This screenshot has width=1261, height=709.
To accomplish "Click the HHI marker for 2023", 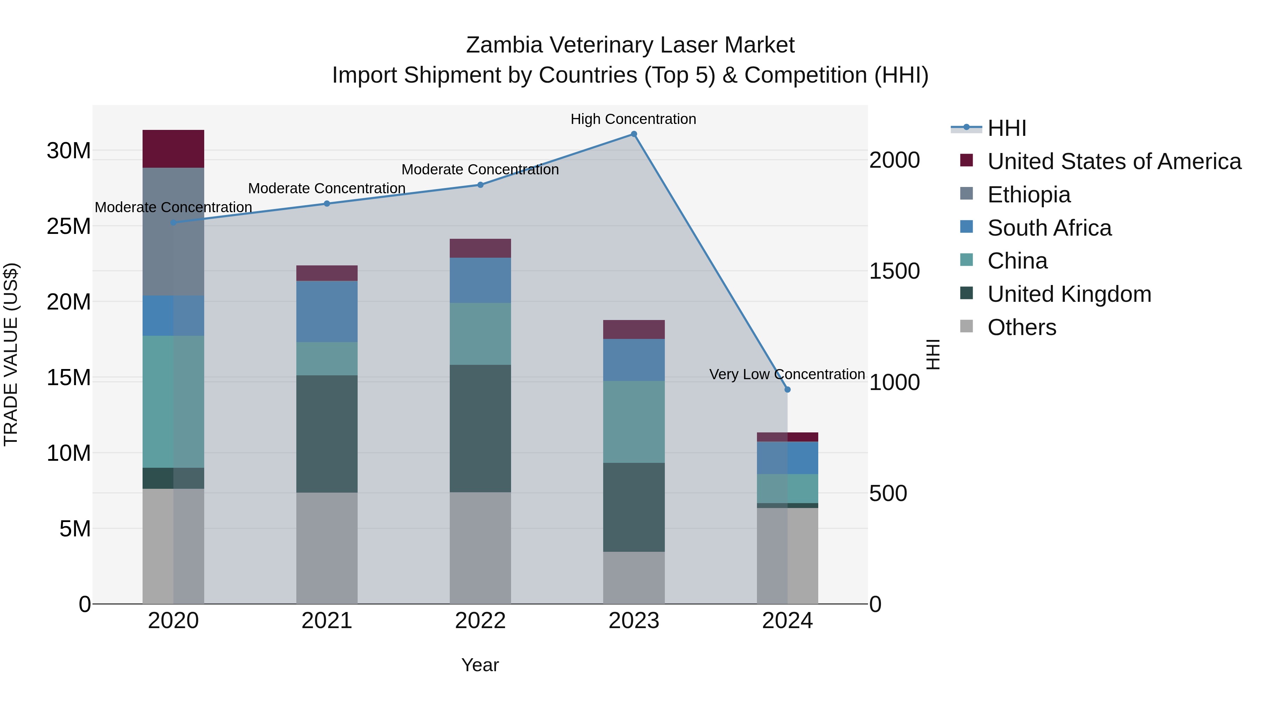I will [633, 134].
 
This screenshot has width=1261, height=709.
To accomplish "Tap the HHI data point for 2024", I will [787, 389].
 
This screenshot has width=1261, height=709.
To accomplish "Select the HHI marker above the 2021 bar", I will [327, 203].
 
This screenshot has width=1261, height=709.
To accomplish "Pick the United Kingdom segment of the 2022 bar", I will [480, 428].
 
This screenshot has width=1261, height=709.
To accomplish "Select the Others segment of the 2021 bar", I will [327, 548].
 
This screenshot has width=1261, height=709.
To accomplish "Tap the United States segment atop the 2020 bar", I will [173, 149].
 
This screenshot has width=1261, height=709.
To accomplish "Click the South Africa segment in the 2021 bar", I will [327, 311].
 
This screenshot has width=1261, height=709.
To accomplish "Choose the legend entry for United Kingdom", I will [1069, 294].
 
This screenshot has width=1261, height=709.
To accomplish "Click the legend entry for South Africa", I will [1049, 228].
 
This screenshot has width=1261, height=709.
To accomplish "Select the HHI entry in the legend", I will [1006, 128].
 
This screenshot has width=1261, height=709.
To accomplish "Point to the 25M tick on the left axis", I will [69, 227].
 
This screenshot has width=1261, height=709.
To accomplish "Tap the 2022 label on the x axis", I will [480, 621].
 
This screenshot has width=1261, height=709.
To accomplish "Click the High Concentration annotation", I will [633, 119].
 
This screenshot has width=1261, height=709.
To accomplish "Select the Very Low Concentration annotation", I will [787, 374].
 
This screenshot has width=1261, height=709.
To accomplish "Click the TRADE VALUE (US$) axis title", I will [11, 354].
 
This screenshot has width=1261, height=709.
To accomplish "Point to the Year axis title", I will [480, 665].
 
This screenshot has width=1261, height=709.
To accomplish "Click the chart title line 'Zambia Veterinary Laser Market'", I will [630, 45].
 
